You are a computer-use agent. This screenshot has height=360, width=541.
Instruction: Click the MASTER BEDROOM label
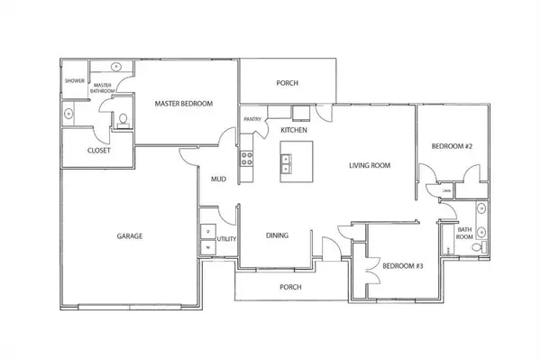[183, 104]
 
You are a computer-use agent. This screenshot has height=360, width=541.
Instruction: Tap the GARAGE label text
[129, 236]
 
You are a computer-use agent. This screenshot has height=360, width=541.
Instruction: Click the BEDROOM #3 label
[402, 266]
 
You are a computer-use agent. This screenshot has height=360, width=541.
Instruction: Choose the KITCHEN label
[294, 131]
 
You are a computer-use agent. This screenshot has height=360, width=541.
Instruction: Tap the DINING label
[277, 236]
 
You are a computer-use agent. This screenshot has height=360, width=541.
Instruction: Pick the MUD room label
[218, 179]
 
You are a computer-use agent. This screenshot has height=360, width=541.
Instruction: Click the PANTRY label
[252, 119]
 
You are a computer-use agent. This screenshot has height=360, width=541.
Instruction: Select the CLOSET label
[98, 151]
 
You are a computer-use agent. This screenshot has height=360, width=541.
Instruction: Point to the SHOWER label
[74, 80]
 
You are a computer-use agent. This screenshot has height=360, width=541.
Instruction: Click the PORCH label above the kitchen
[287, 83]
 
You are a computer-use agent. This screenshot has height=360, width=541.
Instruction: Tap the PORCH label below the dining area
[290, 288]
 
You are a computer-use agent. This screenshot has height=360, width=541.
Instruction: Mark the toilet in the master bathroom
[122, 120]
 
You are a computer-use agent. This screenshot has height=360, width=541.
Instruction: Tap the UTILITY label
[226, 239]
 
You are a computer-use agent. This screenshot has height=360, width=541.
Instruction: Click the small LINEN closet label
[446, 191]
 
